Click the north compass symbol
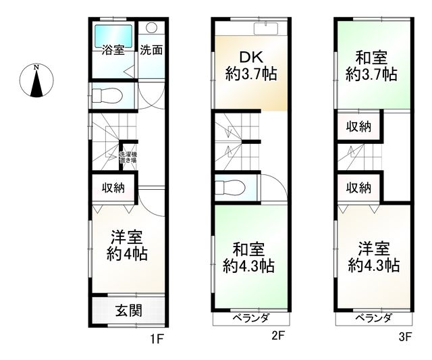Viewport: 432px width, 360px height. (38, 80)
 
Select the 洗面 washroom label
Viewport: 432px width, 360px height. (151, 49)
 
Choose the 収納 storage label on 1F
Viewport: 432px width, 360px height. (113, 188)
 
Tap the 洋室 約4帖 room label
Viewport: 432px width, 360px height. (127, 246)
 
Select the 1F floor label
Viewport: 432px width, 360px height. (157, 339)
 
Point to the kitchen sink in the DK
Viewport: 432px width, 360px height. (269, 28)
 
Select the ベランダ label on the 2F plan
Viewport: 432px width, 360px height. (251, 318)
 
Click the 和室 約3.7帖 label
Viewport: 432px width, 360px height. (371, 66)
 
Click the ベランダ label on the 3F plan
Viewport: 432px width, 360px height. (373, 318)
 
